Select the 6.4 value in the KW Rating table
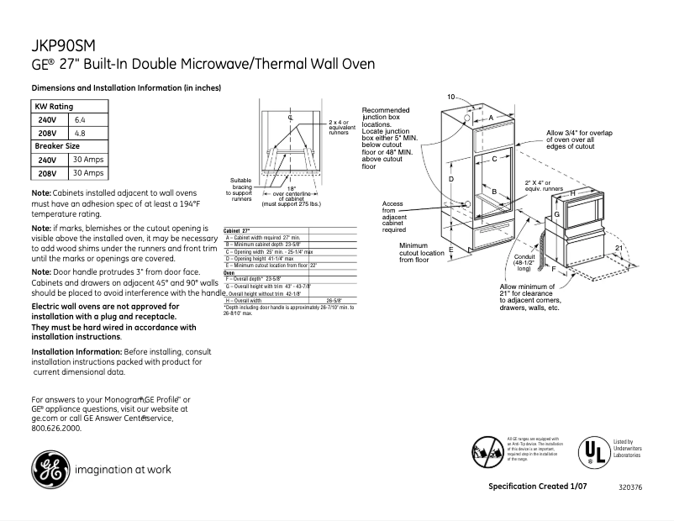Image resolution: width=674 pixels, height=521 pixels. click(x=81, y=120)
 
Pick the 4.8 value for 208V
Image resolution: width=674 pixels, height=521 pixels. click(x=81, y=133)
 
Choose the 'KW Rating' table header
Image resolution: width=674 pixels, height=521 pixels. click(x=53, y=107)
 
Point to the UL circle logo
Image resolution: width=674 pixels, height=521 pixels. click(x=596, y=451)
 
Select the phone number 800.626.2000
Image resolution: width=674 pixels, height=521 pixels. click(x=56, y=428)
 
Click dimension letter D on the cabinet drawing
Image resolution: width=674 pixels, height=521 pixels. click(x=451, y=180)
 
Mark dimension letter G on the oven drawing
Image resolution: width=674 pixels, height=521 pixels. click(x=556, y=215)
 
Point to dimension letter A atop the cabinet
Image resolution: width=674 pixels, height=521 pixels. click(x=492, y=119)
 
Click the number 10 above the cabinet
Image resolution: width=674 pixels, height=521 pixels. click(x=450, y=97)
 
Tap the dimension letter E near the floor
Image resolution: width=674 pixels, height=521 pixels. click(x=451, y=250)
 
